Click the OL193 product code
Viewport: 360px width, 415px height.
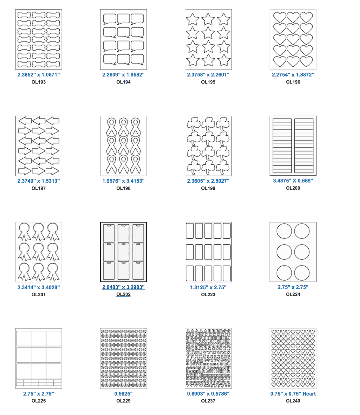39,82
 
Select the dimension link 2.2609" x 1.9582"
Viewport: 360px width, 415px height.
123,75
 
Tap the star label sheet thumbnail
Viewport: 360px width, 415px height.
208,39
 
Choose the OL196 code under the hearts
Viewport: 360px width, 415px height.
293,82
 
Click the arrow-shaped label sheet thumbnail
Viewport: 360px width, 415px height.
39,146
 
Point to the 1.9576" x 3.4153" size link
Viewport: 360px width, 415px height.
123,181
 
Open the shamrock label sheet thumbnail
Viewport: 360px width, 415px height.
208,146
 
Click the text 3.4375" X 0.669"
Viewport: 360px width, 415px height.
293,181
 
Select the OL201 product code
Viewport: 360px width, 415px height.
39,295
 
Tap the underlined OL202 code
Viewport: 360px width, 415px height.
123,294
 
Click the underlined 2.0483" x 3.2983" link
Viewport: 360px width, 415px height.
123,287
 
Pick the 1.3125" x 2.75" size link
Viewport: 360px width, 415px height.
208,287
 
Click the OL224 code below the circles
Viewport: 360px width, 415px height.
293,294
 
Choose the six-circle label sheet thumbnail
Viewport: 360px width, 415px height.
293,252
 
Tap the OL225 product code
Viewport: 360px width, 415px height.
39,401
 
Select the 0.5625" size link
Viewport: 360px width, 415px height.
123,394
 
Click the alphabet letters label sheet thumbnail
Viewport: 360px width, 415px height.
208,358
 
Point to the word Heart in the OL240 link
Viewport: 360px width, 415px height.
309,394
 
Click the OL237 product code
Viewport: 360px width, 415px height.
208,401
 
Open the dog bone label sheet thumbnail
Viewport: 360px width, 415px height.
39,39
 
